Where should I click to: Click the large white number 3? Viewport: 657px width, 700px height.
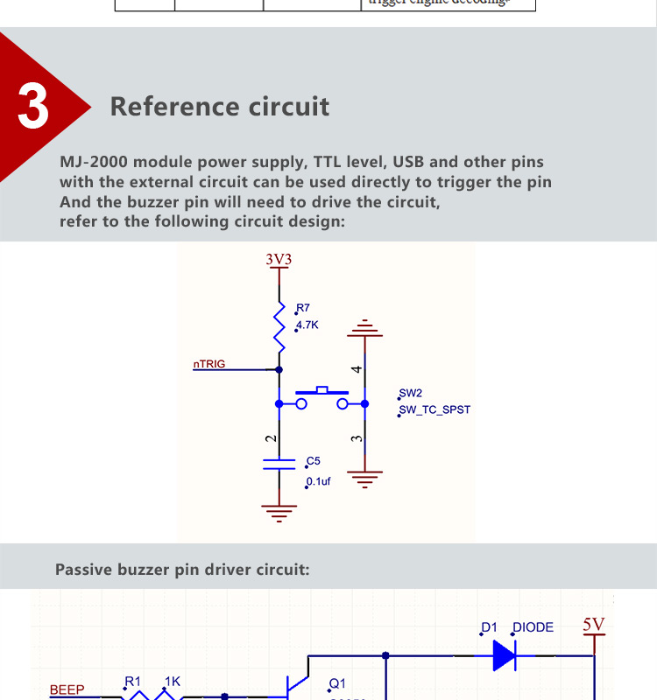click(33, 106)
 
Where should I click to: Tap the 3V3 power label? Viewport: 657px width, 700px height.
click(279, 260)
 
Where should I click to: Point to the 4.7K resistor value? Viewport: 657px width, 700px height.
click(307, 325)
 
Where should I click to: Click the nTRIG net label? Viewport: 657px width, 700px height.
click(209, 363)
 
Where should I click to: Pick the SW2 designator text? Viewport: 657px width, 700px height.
click(410, 394)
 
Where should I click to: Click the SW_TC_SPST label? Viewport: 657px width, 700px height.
click(434, 409)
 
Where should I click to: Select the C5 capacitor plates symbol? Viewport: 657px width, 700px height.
click(279, 464)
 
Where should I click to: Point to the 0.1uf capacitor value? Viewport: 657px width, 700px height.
click(318, 481)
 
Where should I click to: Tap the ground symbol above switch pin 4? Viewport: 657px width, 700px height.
click(365, 330)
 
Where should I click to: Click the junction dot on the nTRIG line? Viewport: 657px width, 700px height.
click(279, 369)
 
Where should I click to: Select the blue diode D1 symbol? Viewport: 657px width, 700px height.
click(504, 654)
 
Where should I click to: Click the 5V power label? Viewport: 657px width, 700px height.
click(594, 625)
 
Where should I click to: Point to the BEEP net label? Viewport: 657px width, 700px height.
click(67, 689)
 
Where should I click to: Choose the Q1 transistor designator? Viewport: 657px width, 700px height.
click(337, 684)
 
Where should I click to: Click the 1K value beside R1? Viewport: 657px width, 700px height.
click(172, 681)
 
